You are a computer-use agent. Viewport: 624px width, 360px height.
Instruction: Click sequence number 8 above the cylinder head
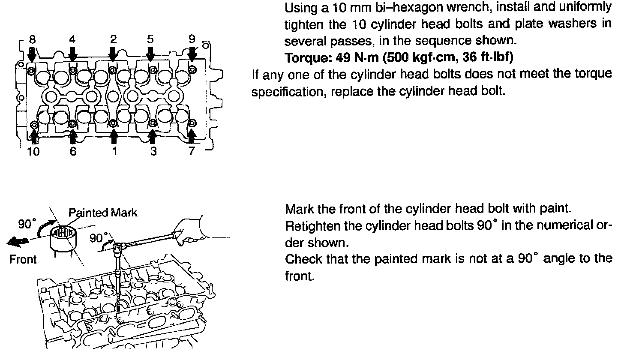click(x=32, y=40)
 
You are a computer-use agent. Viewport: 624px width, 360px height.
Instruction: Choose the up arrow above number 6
click(x=73, y=136)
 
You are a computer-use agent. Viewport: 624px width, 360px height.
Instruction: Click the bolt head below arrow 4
click(x=73, y=70)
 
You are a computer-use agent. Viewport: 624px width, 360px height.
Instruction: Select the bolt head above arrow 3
click(x=152, y=123)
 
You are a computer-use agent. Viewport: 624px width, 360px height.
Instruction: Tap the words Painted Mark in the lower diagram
click(x=103, y=213)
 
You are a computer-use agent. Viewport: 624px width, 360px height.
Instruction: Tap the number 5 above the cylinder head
click(x=150, y=40)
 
